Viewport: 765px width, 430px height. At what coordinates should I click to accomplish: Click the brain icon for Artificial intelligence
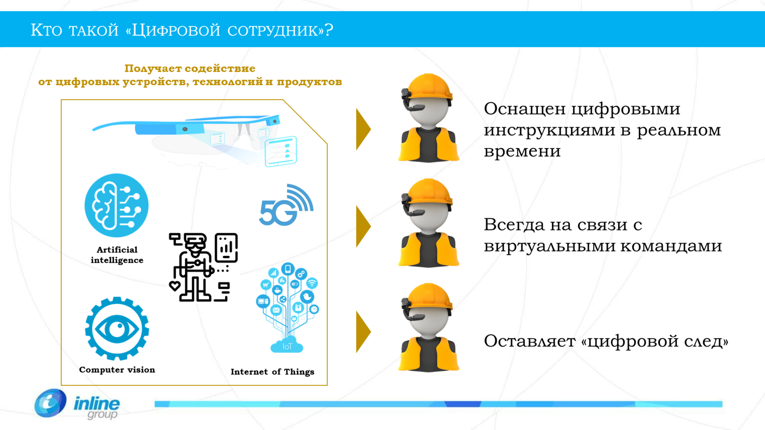coord(117,205)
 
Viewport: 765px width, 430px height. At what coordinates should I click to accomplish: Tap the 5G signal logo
coord(286,205)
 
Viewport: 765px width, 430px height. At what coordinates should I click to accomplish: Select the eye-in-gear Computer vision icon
coord(117,328)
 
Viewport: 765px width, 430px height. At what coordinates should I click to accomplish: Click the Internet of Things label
coord(272,372)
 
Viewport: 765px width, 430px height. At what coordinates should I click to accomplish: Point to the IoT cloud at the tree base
coord(287,346)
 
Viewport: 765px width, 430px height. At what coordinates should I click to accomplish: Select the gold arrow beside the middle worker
coord(362,226)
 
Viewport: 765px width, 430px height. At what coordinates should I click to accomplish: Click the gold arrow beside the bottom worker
coord(362,332)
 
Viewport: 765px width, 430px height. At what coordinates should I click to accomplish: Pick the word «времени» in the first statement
coord(522,151)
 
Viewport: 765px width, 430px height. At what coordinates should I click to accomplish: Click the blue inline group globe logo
coord(51,404)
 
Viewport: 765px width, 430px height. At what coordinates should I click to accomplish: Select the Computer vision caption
coord(117,369)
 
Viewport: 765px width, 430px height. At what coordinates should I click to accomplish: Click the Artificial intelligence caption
coord(117,255)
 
